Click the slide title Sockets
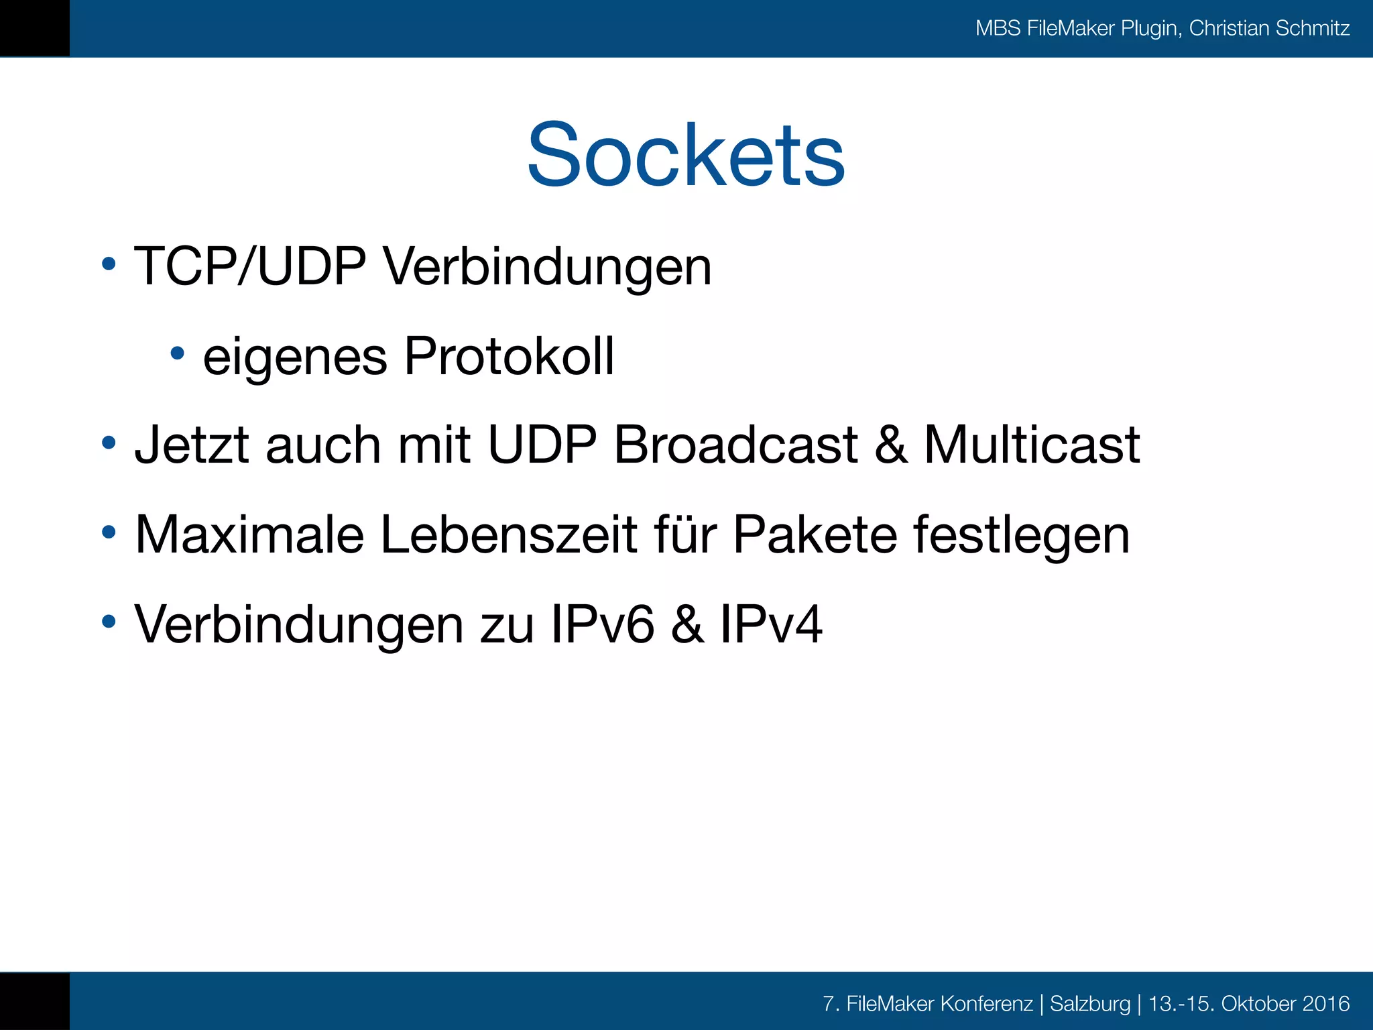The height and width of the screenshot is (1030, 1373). pos(685,156)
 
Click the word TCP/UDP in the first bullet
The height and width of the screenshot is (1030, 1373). pos(250,267)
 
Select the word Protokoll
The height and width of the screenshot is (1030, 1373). pos(509,356)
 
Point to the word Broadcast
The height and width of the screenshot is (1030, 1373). pos(735,445)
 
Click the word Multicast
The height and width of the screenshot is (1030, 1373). pos(1032,445)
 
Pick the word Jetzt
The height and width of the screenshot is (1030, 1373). pos(192,445)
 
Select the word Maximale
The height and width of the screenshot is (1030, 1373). pos(249,535)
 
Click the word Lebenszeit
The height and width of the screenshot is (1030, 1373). pos(509,535)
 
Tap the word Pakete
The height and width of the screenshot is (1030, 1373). pos(815,535)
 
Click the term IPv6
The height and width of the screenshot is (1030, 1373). pos(602,625)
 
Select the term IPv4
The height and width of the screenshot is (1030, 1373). pos(771,625)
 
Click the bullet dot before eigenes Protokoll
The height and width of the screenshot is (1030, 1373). pos(177,353)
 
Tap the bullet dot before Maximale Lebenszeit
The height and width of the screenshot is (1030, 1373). pos(109,533)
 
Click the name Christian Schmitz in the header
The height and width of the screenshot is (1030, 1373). pos(1269,28)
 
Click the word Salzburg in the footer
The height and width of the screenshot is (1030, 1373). pos(1090,1004)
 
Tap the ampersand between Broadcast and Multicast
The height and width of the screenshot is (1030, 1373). pos(891,445)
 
